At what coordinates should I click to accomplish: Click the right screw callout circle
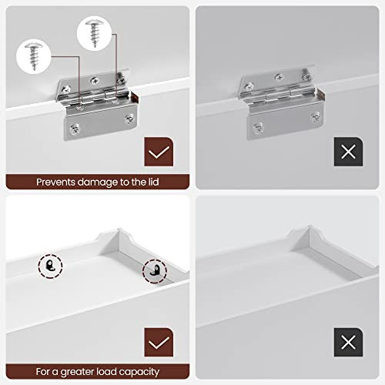coord(95,34)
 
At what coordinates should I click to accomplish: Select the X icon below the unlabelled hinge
coord(348,151)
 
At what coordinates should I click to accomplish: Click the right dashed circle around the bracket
coord(153,271)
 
